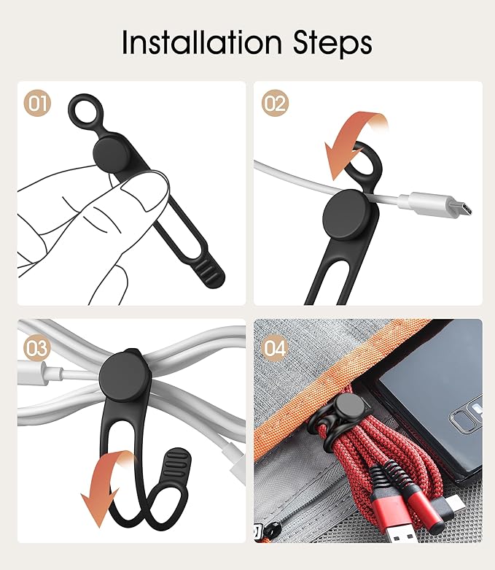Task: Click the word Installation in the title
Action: pos(201,42)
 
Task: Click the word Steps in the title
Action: pos(332,44)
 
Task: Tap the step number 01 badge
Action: pos(37,104)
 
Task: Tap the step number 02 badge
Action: pos(275,104)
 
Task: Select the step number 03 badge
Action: pos(37,348)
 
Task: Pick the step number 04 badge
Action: pos(275,348)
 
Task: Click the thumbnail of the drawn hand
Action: pos(146,189)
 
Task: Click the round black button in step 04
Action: pos(350,409)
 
